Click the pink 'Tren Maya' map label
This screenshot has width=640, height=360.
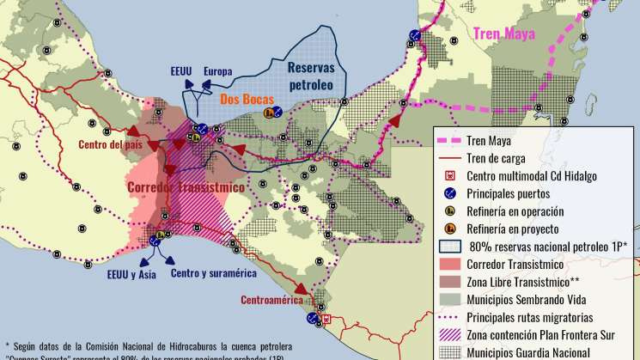[504, 34]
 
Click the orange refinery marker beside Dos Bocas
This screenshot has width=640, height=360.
[270, 113]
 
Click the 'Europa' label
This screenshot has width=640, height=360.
[218, 71]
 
